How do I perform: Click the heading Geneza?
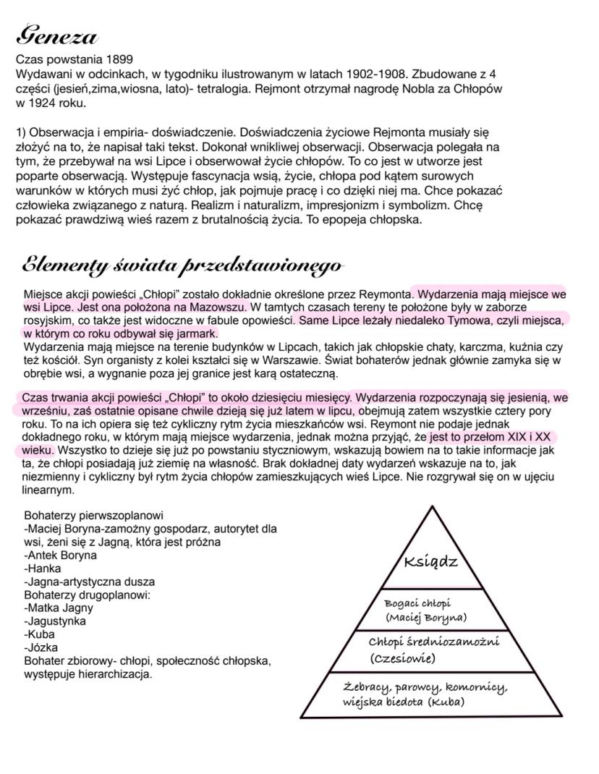point(56,35)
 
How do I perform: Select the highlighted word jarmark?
point(196,333)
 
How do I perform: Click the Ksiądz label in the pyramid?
point(431,562)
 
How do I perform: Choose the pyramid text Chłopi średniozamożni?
point(433,642)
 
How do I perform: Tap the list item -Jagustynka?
point(55,621)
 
